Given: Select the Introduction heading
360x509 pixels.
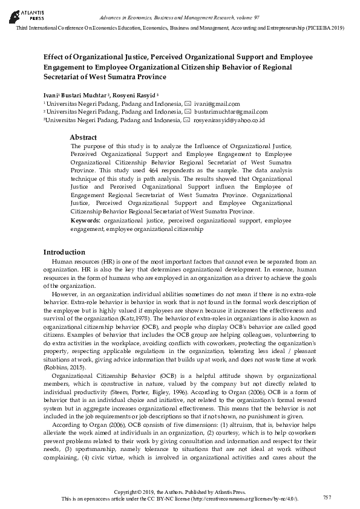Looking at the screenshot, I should coord(64,251).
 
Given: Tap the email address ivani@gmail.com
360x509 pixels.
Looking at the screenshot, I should coord(217,104).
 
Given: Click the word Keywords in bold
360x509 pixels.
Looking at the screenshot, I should coord(85,221).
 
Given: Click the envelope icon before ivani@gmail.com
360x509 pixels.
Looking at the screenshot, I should coord(188,104).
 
